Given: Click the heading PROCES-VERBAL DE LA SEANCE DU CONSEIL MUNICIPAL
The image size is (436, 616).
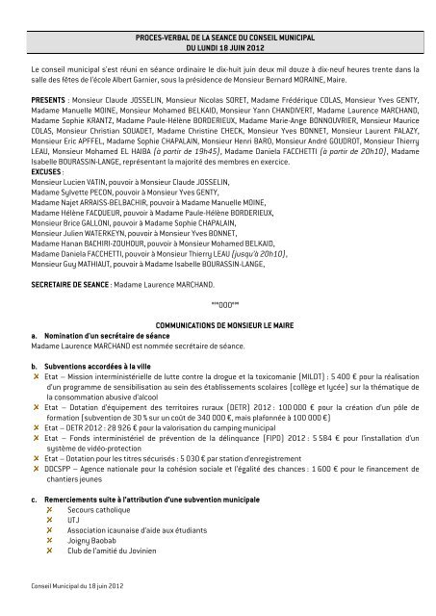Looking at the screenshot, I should tap(217, 35).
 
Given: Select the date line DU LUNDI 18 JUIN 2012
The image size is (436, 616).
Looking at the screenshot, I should tap(217, 45).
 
